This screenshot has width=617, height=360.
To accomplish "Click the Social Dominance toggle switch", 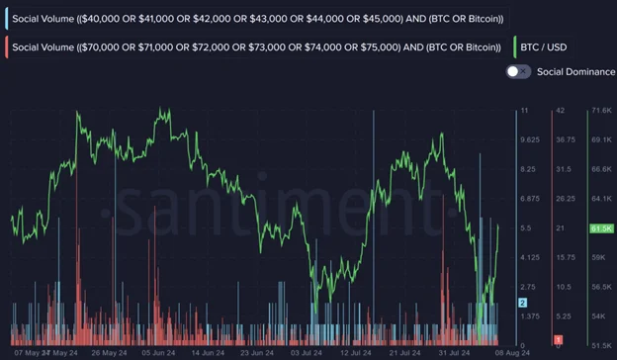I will point(518,71).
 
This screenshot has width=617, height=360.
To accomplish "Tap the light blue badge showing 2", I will point(523,302).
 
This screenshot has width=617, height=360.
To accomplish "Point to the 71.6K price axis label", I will point(600,110).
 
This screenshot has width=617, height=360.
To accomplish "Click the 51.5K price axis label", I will point(600,344).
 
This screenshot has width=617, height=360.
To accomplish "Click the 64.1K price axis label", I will point(600,199).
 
